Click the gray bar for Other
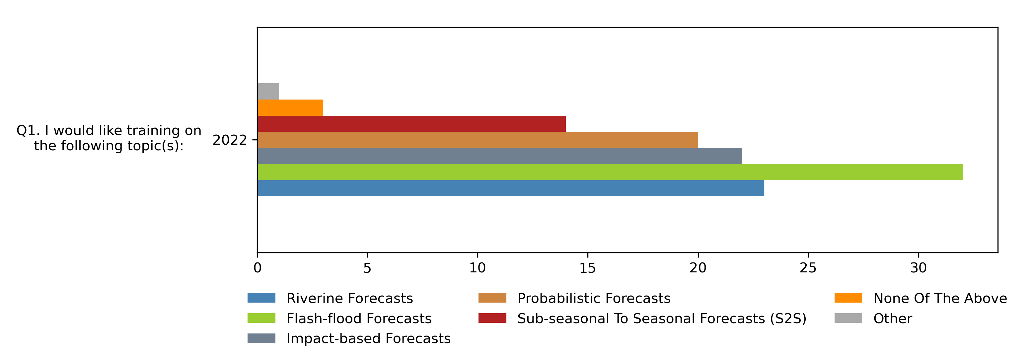point(268,91)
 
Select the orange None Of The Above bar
point(290,108)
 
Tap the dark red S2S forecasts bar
point(411,123)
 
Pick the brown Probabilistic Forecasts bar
point(477,139)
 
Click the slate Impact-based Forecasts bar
point(499,156)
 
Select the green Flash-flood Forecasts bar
point(610,172)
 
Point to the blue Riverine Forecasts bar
point(510,187)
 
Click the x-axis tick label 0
point(258,268)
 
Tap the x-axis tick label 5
point(367,268)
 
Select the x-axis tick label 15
point(587,268)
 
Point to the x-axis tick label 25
point(808,268)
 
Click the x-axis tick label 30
point(918,268)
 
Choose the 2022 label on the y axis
point(230,140)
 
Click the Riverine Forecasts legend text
point(349,298)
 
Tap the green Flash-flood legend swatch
point(261,318)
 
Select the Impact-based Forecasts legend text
point(368,338)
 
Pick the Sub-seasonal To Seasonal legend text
point(662,318)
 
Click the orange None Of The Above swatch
point(848,298)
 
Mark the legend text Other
point(893,318)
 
